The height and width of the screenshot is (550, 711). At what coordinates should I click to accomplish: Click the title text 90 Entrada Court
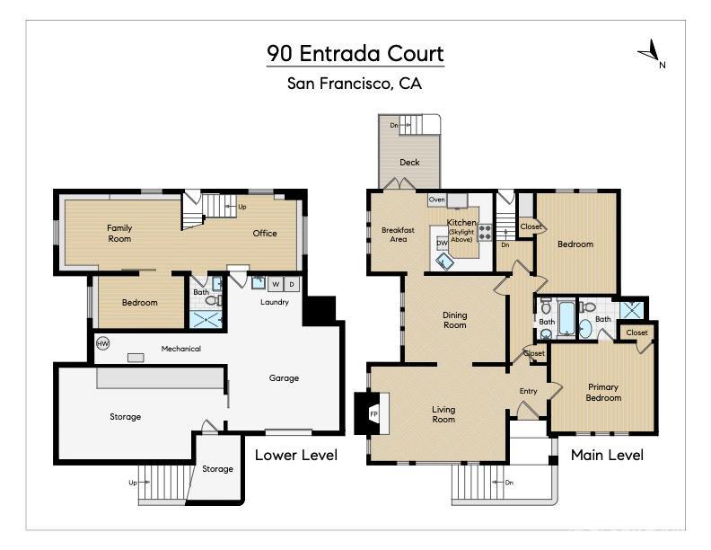pyautogui.click(x=355, y=53)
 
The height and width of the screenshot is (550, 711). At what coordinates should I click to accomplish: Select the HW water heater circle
pyautogui.click(x=102, y=343)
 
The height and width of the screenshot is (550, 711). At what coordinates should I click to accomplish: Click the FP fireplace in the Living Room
pyautogui.click(x=374, y=413)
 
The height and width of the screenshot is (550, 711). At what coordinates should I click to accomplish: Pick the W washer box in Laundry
pyautogui.click(x=276, y=285)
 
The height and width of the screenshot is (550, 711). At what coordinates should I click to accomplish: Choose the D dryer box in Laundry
pyautogui.click(x=292, y=285)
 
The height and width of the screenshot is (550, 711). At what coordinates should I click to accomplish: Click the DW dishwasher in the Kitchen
pyautogui.click(x=442, y=243)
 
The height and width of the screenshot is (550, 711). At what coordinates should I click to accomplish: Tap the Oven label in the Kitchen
pyautogui.click(x=437, y=200)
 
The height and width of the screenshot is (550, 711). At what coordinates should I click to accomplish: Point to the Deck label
pyautogui.click(x=409, y=163)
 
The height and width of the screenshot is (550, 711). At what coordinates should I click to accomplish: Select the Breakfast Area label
pyautogui.click(x=398, y=235)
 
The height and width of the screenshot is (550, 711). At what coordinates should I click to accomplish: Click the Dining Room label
pyautogui.click(x=455, y=320)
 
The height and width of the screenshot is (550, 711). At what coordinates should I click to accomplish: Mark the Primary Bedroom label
pyautogui.click(x=603, y=392)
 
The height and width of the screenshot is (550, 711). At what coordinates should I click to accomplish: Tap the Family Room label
pyautogui.click(x=119, y=233)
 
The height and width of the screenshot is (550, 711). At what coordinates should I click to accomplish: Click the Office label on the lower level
pyautogui.click(x=265, y=234)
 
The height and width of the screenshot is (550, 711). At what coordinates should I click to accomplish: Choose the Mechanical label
pyautogui.click(x=180, y=349)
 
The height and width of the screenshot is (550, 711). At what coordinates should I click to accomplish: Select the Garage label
pyautogui.click(x=284, y=378)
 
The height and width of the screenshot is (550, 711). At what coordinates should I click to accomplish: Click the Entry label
pyautogui.click(x=529, y=391)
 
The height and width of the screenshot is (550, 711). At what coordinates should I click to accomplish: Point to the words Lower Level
pyautogui.click(x=296, y=456)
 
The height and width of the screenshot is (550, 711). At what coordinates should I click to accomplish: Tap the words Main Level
pyautogui.click(x=607, y=456)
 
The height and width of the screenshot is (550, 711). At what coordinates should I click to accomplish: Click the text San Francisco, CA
pyautogui.click(x=355, y=84)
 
